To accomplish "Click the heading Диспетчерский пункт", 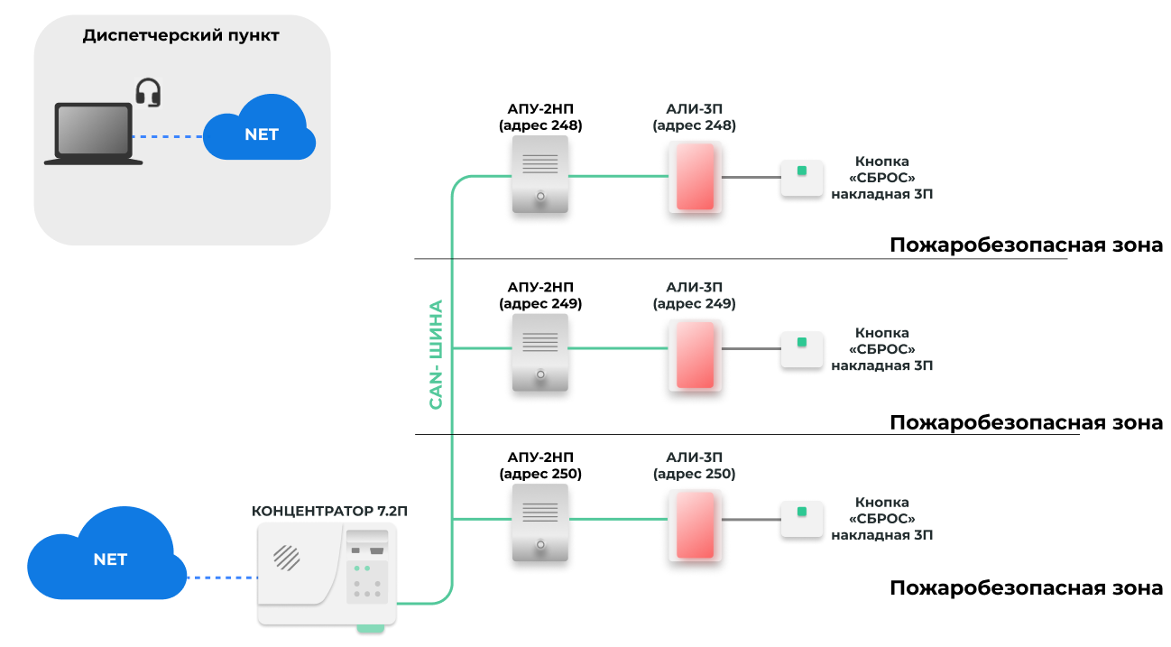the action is click(x=180, y=35).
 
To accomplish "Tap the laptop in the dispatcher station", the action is click(x=93, y=134).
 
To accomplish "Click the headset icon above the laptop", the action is click(x=148, y=93).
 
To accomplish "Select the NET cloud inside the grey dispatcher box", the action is click(x=259, y=128).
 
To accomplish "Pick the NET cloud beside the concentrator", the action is click(x=107, y=554).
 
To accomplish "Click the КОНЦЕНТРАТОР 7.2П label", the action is click(x=329, y=511).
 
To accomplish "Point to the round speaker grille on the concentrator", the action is click(x=287, y=558).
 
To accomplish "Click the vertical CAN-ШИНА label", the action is click(x=436, y=354).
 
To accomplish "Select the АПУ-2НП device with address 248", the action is click(x=540, y=174).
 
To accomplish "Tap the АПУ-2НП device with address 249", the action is click(x=540, y=353).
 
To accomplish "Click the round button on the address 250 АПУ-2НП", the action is click(x=540, y=545).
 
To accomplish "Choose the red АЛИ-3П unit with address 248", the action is click(x=696, y=177).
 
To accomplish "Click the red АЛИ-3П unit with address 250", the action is click(x=696, y=525).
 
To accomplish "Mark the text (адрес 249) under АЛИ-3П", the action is click(x=695, y=303).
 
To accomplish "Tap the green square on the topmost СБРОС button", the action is click(x=802, y=171).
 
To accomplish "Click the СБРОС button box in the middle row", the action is click(x=802, y=349).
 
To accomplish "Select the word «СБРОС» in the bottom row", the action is click(x=882, y=519).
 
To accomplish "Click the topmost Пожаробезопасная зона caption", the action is click(x=1026, y=245).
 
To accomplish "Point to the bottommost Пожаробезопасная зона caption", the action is click(x=1026, y=588).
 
